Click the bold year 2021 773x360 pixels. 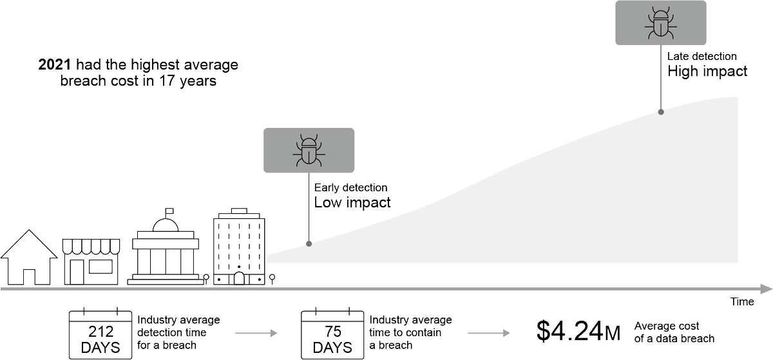(x=55, y=64)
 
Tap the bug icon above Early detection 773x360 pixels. (x=309, y=151)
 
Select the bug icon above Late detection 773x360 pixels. (x=660, y=23)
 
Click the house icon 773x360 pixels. (x=30, y=257)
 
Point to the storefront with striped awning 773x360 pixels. (x=91, y=261)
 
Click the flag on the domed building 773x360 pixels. (x=169, y=211)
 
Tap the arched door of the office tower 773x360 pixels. (x=239, y=278)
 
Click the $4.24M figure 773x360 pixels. (x=578, y=332)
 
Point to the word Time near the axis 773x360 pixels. (x=742, y=301)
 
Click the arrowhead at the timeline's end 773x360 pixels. (x=767, y=289)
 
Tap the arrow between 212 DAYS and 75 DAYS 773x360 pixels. (x=256, y=333)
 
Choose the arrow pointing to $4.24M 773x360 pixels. (x=489, y=333)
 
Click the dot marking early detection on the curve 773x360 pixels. (x=309, y=243)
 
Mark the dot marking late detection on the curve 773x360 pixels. (x=661, y=112)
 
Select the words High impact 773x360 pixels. (x=707, y=71)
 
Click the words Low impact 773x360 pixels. (x=352, y=203)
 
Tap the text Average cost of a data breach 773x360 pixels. (x=674, y=332)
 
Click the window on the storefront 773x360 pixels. (x=100, y=267)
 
